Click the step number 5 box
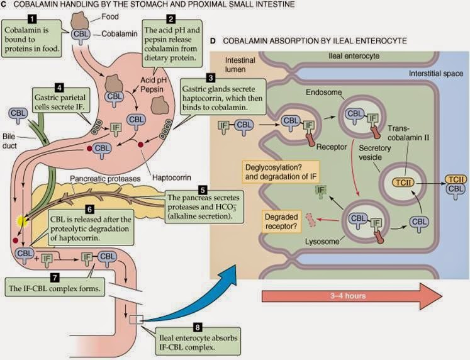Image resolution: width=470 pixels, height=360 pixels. (x=203, y=189)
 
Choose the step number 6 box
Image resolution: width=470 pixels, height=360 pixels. (x=90, y=207)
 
